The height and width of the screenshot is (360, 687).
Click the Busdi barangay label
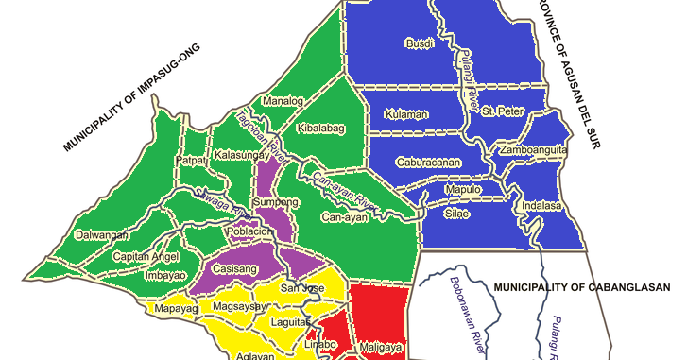(419, 43)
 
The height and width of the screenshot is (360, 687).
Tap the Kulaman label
(407, 114)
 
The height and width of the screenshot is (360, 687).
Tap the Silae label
(456, 214)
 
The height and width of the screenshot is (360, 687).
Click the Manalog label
(282, 101)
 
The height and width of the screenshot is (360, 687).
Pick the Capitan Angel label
(146, 257)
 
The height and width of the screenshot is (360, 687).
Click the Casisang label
(234, 269)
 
